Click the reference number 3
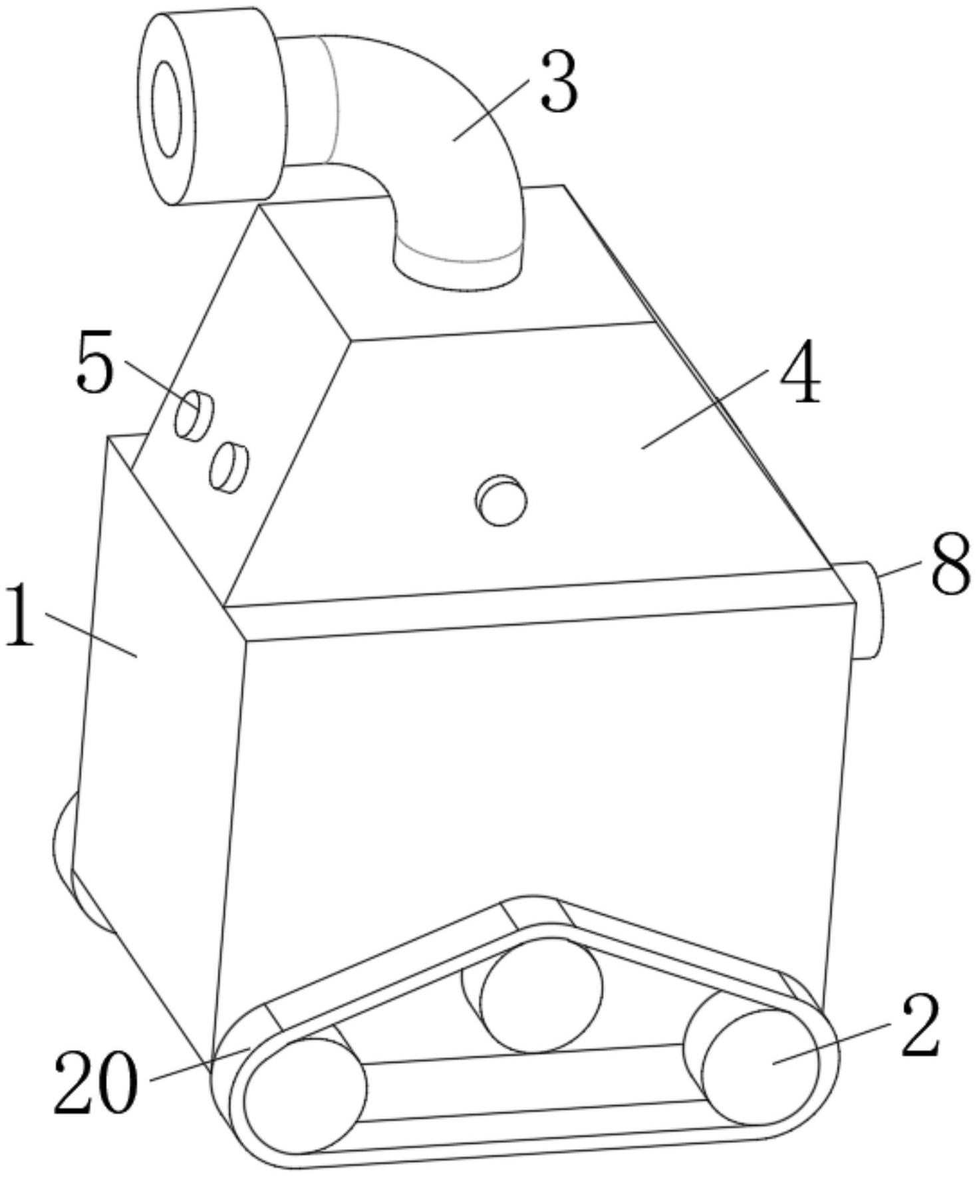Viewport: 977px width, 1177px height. [x=559, y=81]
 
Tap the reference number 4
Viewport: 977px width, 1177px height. [x=800, y=372]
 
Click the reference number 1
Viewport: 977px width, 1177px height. [x=20, y=614]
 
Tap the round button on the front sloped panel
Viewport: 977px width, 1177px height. [x=501, y=499]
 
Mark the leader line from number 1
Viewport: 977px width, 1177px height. [x=91, y=636]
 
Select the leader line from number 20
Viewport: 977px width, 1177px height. [x=200, y=1064]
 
